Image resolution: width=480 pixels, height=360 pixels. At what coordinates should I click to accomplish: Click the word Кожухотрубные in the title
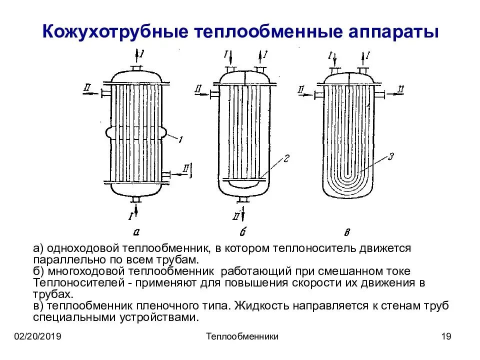click(113, 31)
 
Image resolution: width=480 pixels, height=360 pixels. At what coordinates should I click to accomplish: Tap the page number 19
click(446, 336)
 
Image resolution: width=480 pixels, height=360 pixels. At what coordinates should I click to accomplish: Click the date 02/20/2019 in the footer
click(37, 336)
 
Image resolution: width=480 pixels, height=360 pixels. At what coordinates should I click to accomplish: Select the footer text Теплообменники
click(242, 336)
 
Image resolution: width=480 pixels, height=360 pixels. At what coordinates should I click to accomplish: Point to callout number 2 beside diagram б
click(286, 159)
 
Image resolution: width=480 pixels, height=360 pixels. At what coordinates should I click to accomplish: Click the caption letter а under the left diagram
click(136, 231)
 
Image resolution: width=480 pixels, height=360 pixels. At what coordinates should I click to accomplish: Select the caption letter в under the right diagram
click(347, 231)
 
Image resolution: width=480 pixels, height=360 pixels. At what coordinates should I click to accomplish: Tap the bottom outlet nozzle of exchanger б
click(243, 199)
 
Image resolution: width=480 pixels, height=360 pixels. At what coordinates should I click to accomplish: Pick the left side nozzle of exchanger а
click(106, 93)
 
